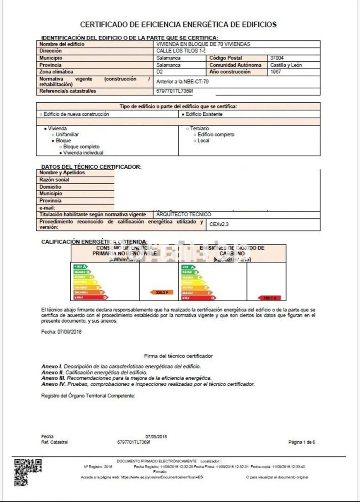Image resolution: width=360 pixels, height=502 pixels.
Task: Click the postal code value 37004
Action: [x=277, y=58]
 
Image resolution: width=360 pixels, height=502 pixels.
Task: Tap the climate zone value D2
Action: [x=160, y=72]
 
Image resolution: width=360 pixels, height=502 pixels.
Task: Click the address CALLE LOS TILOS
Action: [x=181, y=51]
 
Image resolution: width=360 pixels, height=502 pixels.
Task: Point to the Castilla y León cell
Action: [x=286, y=65]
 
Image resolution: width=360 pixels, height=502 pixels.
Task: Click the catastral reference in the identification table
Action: [x=175, y=91]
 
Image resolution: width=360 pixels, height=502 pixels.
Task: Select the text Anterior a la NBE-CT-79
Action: [x=183, y=81]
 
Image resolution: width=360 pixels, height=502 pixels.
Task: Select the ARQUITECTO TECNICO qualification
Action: [x=184, y=215]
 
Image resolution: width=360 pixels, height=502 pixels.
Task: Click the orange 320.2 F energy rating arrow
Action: [x=161, y=292]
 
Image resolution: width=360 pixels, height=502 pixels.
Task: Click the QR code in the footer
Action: [x=28, y=472]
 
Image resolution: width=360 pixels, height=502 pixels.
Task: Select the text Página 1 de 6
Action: [x=302, y=442]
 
